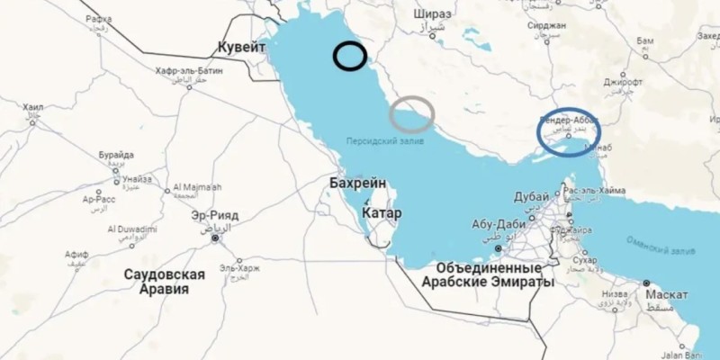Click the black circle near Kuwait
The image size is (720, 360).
point(349,57)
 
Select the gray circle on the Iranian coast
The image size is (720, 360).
point(412,113)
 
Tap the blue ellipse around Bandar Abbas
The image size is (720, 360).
point(568,131)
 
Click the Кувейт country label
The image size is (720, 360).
point(242,47)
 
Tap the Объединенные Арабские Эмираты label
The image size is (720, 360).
point(490,275)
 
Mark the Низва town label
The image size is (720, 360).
point(614,292)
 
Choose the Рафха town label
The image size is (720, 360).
point(100,19)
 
